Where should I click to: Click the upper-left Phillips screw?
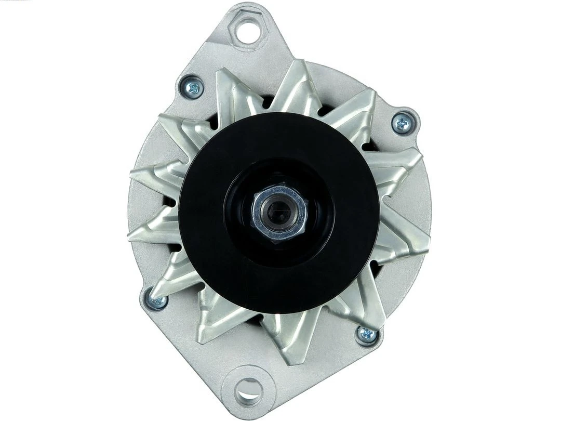tap(192, 87)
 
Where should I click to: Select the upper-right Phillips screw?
tap(403, 123)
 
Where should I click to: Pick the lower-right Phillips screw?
tap(367, 334)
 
